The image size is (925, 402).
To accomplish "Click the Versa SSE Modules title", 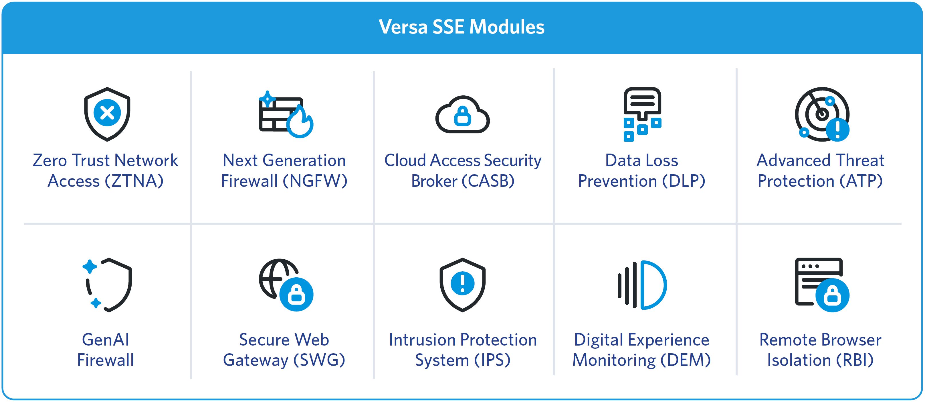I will [x=461, y=27].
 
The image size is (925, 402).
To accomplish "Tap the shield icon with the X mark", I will [x=107, y=114].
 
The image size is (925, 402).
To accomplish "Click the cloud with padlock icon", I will [x=462, y=115].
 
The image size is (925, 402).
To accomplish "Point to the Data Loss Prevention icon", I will [x=642, y=114].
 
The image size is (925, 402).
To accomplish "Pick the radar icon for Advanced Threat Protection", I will [x=822, y=114].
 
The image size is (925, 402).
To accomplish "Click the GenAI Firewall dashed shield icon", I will [x=107, y=285].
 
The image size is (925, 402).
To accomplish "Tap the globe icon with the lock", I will [x=286, y=285].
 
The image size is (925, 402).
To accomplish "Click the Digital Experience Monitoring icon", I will [x=642, y=285].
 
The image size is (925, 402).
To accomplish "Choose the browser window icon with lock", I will [x=822, y=285].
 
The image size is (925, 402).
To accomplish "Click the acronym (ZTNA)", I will [x=134, y=181].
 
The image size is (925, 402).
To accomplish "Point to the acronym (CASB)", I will [x=488, y=181].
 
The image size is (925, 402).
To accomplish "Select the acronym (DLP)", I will [x=684, y=181].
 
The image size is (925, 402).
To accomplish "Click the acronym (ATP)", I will [x=861, y=181].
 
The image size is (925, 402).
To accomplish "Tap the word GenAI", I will [x=106, y=340].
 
